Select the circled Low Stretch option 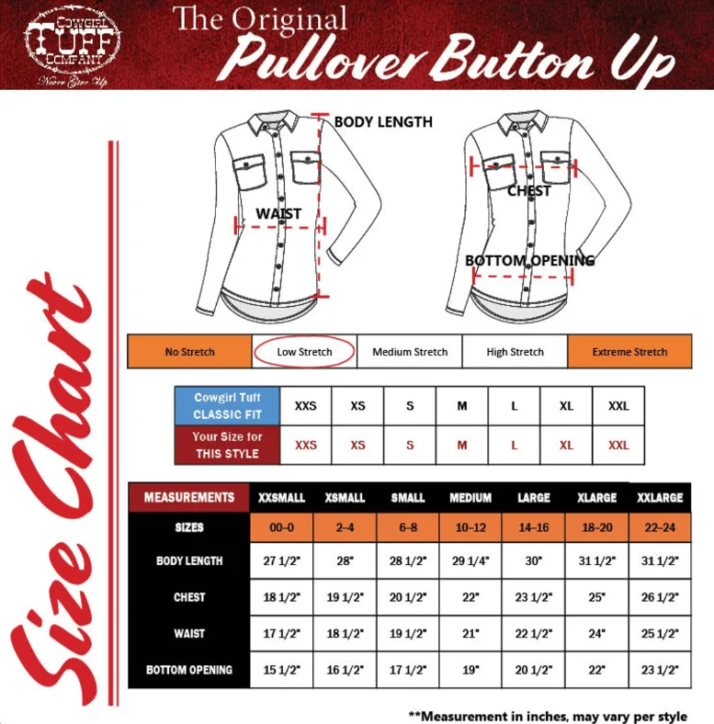point(304,351)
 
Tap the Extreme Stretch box point(629,351)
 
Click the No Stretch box point(190,351)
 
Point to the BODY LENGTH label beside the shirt point(383,122)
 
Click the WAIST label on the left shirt point(278,214)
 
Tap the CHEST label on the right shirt point(528,191)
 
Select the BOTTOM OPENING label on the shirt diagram point(529,260)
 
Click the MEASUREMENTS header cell point(189,497)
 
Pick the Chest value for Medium point(470,597)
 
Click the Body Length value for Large point(533,560)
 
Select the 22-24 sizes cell point(660,527)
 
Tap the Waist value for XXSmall point(282,634)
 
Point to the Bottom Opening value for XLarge point(596,670)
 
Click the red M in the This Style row point(462,445)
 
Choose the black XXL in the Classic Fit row point(618,406)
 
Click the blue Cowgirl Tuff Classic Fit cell point(227,406)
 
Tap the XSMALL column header point(345,497)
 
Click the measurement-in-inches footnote point(548,716)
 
